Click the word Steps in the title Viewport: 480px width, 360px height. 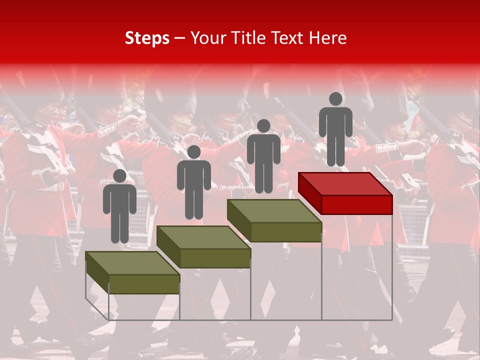pos(147,38)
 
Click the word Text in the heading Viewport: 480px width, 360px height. pos(287,38)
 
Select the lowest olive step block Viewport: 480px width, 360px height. pos(132,272)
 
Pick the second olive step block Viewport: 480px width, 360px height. pos(204,246)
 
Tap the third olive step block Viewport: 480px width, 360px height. pos(274,220)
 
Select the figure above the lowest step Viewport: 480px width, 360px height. pos(119,207)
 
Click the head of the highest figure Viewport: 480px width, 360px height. pos(335,99)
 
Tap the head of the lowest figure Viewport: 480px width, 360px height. pos(119,176)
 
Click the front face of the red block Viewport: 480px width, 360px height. pos(356,204)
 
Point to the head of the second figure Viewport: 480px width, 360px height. pos(193,152)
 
